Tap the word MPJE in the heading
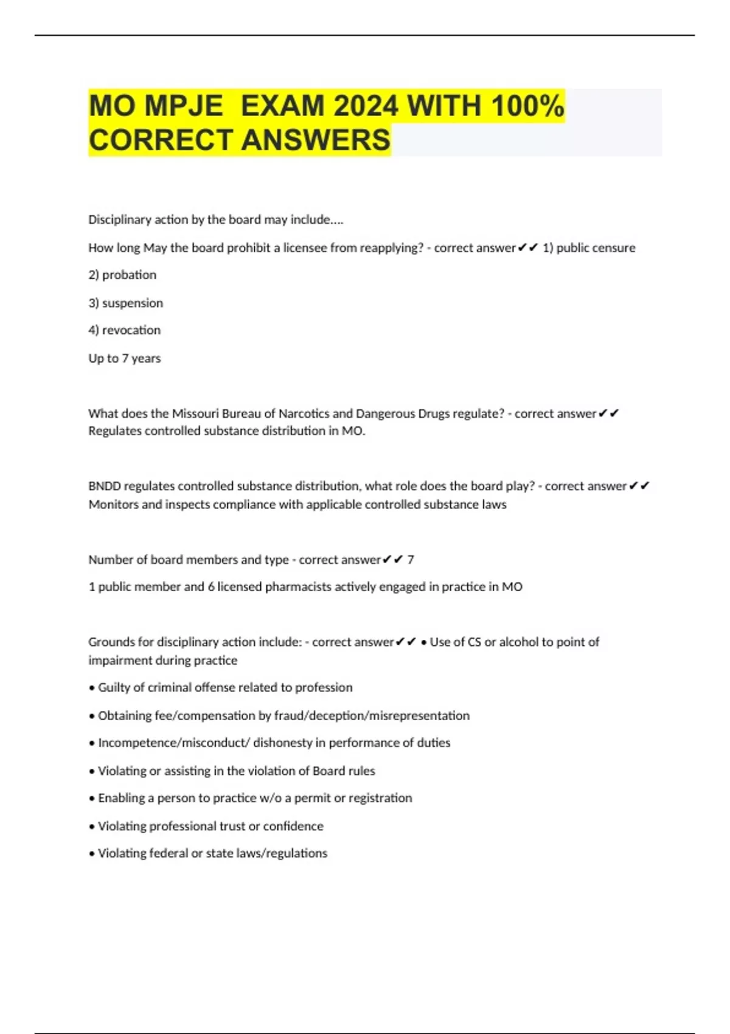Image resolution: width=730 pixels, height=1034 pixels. point(184,106)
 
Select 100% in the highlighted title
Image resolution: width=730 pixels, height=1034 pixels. point(527,106)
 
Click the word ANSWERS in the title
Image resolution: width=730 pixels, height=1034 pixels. point(316,140)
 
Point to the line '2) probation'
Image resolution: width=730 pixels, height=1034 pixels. point(122,275)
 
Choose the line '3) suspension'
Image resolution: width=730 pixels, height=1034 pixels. point(125,303)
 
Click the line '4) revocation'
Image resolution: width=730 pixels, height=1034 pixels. point(124,330)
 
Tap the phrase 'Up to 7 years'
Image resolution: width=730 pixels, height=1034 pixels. point(124,358)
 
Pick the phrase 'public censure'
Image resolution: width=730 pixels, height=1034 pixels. point(596,248)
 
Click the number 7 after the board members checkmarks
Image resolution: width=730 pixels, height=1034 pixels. point(411,560)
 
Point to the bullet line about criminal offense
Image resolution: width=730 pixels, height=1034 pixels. point(221,687)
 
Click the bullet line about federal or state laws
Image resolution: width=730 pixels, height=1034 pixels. point(209,853)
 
